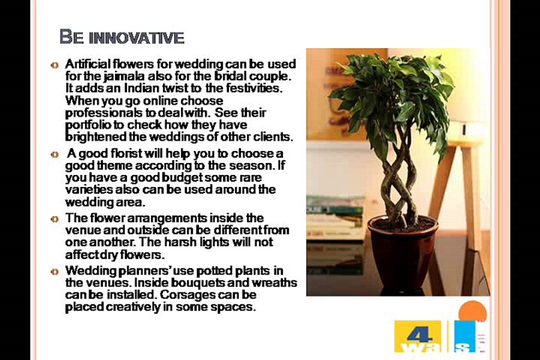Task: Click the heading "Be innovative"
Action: (x=121, y=37)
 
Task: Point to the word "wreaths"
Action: (x=277, y=283)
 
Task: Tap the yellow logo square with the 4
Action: (x=417, y=336)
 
